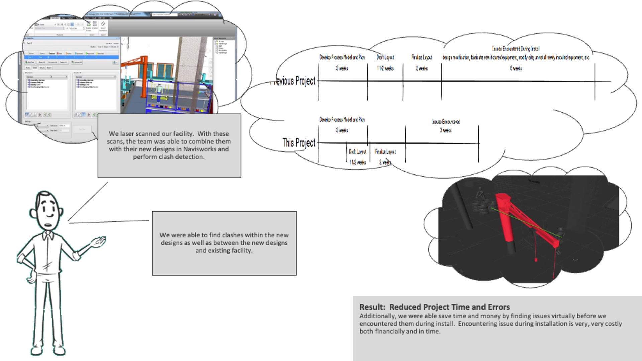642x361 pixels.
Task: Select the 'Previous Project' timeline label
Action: [x=294, y=81]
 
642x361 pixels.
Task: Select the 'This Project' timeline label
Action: [x=299, y=143]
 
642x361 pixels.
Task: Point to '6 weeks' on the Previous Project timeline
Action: [x=516, y=68]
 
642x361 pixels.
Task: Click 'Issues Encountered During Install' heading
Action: [x=516, y=49]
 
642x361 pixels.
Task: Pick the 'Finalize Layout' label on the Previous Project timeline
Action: [x=422, y=57]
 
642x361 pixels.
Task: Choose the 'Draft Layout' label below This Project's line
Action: [x=357, y=152]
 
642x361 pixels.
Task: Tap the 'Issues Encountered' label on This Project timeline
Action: [x=446, y=122]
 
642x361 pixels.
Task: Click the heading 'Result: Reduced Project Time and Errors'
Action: [x=434, y=307]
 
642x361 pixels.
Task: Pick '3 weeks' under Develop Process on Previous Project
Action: [x=342, y=68]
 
